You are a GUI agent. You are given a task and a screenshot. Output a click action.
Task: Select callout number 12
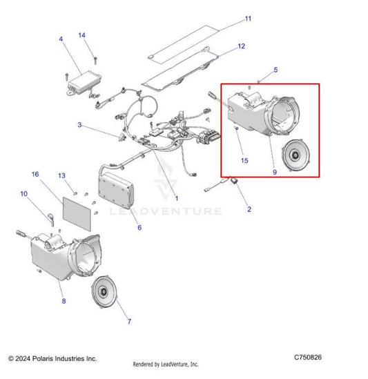point(241,47)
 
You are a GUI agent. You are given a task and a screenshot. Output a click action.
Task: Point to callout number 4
point(61,39)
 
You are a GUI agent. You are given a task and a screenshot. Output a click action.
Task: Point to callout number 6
point(139,227)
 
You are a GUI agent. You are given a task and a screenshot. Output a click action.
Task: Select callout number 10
point(24,194)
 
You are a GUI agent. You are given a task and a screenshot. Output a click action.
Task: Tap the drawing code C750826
point(307,358)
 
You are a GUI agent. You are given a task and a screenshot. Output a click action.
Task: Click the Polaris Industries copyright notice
point(52,358)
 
